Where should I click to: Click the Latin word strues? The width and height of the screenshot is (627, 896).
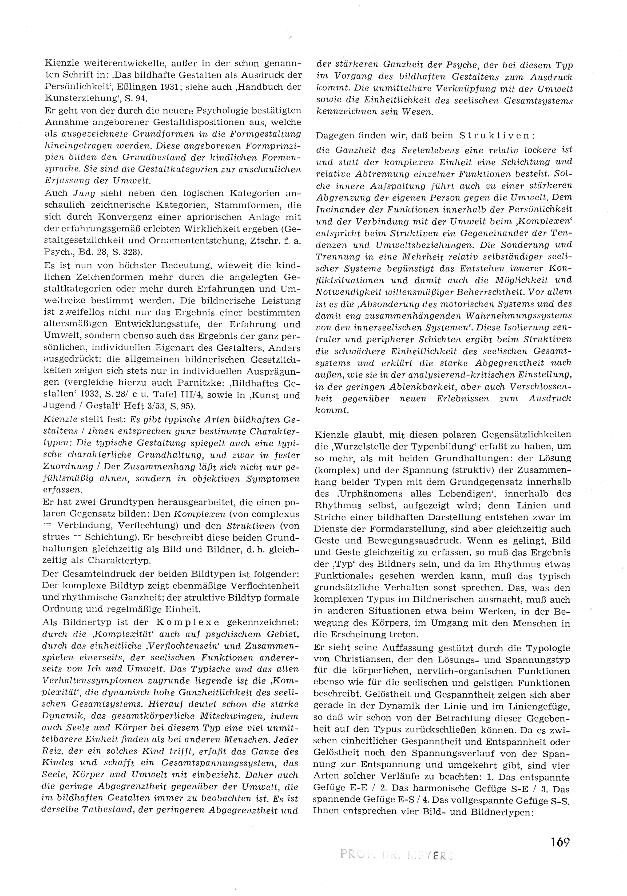[x=57, y=526]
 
